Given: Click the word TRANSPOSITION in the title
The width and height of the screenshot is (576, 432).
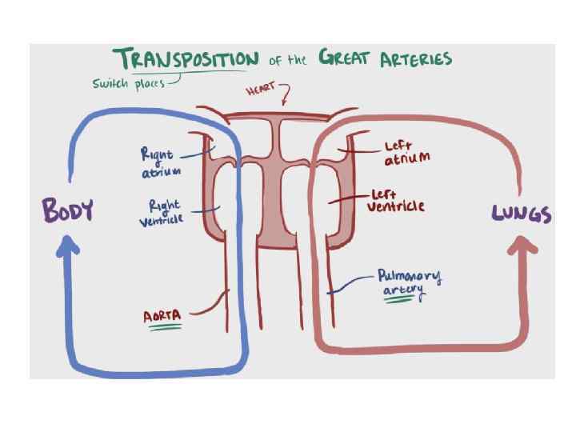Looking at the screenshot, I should [x=186, y=58].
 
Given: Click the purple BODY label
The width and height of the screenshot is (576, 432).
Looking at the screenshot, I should [x=68, y=211].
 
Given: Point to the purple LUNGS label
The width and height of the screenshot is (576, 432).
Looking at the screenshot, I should [x=521, y=214].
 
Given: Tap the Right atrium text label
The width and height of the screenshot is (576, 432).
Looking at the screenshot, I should [x=161, y=162].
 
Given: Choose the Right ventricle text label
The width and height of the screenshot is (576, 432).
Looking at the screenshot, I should [x=162, y=213].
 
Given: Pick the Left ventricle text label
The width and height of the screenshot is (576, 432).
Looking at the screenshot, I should [x=395, y=201].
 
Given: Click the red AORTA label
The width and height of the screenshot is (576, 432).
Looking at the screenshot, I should [x=162, y=317].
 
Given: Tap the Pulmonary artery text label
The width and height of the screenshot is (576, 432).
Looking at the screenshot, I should [x=408, y=282].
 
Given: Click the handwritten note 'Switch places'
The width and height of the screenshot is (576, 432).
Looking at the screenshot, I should [x=127, y=83].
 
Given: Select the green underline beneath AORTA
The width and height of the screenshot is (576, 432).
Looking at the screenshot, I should [x=162, y=327].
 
